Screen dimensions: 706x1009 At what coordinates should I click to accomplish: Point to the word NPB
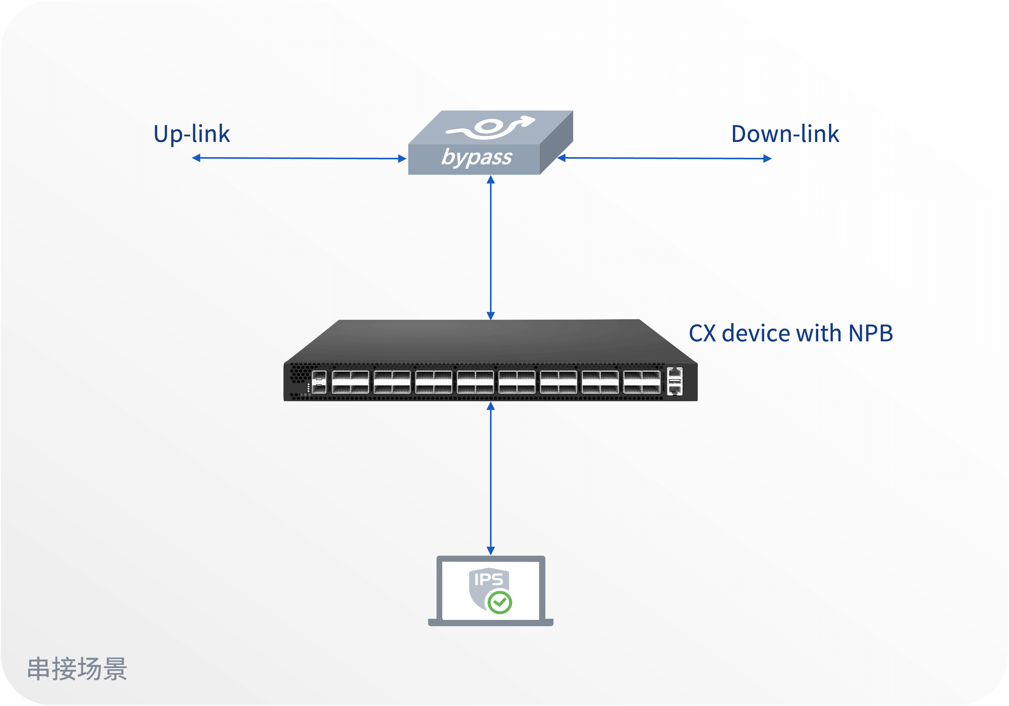coord(870,333)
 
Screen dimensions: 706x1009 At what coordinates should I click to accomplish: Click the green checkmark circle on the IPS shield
coord(500,602)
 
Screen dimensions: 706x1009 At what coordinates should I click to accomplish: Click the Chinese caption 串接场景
coord(77,669)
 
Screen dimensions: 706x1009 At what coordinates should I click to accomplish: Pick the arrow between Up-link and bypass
coord(299,158)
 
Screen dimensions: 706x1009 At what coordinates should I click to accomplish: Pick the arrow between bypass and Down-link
coord(664,158)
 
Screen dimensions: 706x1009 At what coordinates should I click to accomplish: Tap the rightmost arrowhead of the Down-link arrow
coord(767,159)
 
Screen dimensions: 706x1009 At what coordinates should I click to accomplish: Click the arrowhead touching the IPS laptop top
coord(491,550)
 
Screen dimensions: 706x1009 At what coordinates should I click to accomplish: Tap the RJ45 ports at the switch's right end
coord(675,381)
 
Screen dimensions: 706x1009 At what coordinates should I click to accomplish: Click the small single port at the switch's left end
coord(319,381)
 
